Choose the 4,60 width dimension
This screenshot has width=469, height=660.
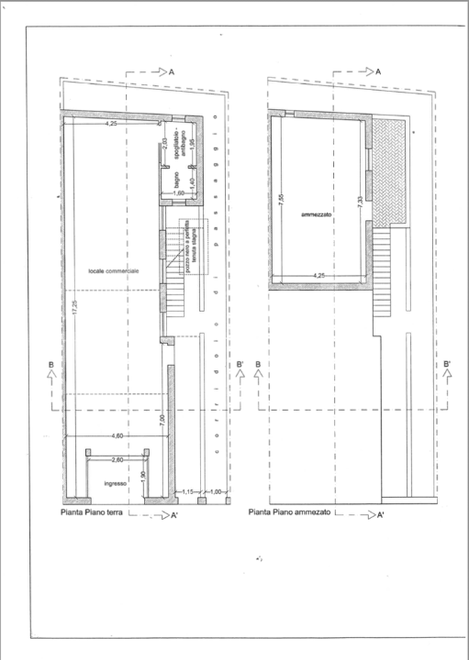[x=116, y=436]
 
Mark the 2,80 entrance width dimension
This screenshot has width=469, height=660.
[x=117, y=458]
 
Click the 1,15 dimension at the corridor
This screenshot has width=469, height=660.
[x=187, y=492]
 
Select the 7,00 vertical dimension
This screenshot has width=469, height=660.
[x=161, y=422]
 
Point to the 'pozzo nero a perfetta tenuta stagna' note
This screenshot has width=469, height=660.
[x=192, y=248]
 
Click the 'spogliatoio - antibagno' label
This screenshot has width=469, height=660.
[x=178, y=156]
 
